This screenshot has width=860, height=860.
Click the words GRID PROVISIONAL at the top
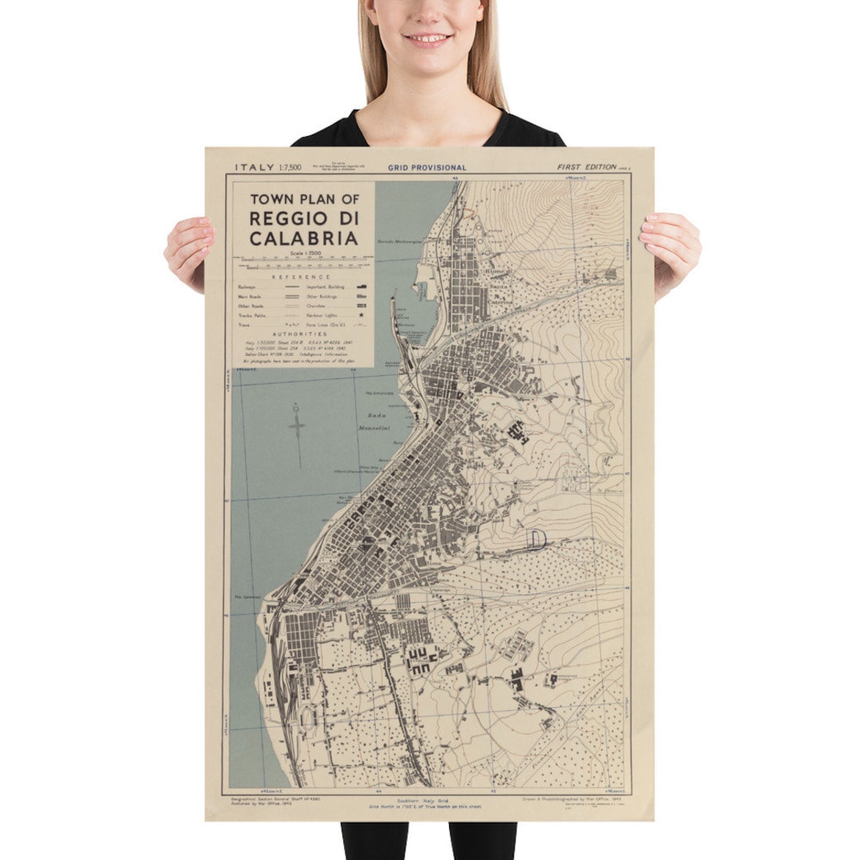(x=428, y=168)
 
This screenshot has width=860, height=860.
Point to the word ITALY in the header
(x=253, y=167)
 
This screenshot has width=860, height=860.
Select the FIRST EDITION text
(x=587, y=167)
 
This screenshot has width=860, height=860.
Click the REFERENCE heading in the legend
(x=301, y=276)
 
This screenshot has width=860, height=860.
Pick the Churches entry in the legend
(x=317, y=305)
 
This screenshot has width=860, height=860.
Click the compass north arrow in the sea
(x=298, y=426)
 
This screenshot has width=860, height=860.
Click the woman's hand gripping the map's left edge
(x=190, y=252)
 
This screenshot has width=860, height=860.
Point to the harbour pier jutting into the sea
(x=393, y=319)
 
